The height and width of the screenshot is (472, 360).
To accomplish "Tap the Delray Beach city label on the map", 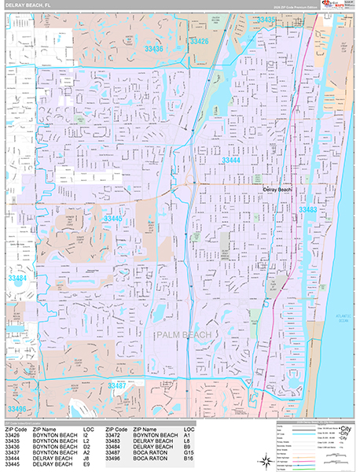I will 276,190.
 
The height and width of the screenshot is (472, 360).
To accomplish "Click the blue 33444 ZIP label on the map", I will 231,160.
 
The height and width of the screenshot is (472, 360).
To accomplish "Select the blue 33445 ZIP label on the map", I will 113,218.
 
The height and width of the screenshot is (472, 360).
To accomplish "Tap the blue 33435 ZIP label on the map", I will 267,20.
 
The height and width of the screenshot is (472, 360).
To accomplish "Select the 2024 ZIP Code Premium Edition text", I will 295,7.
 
